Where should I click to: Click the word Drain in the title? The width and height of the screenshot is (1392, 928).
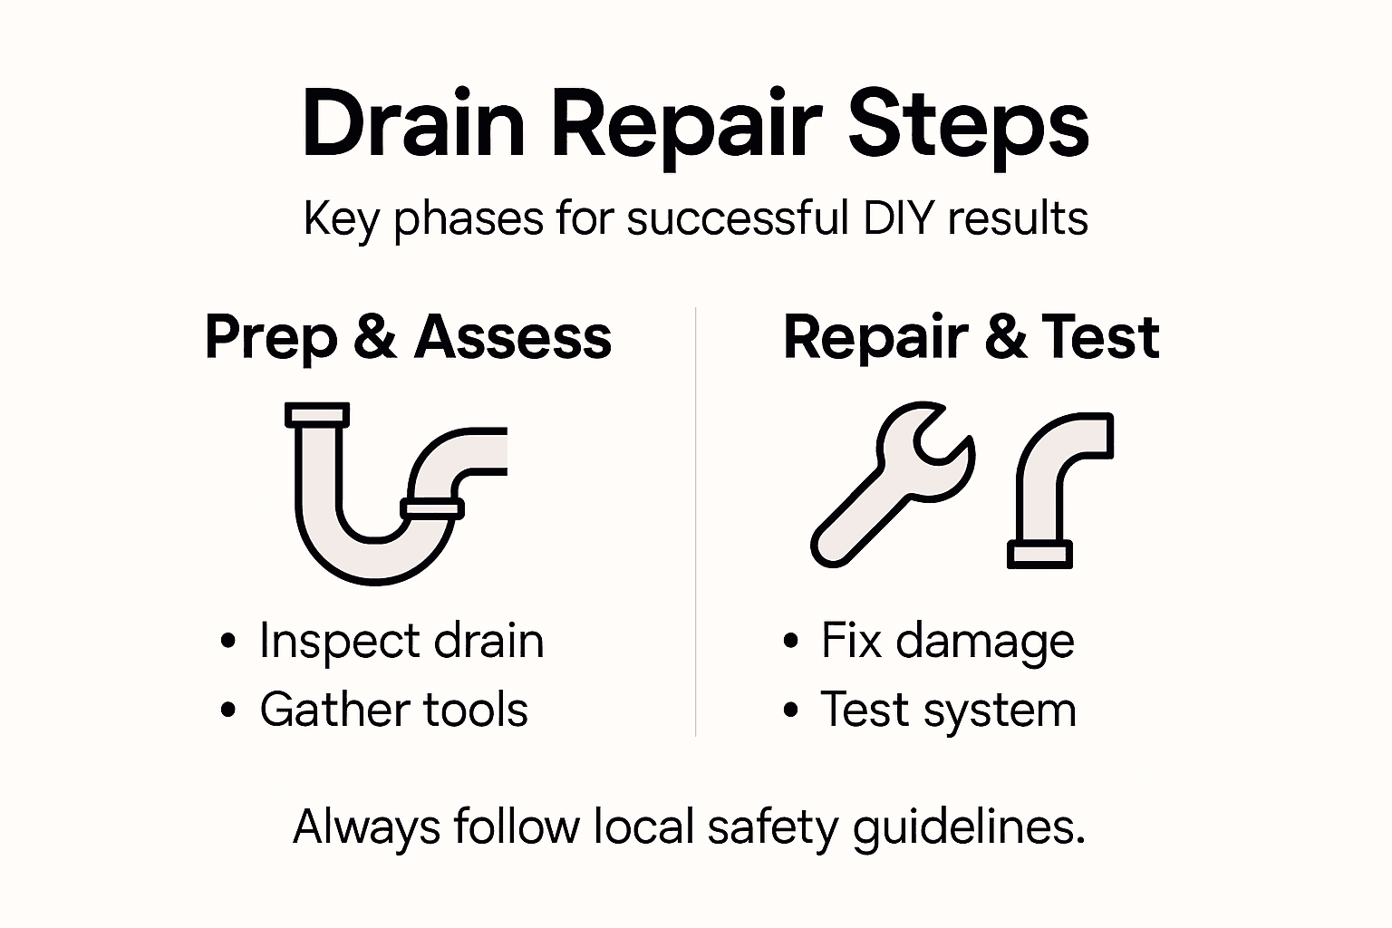point(413,124)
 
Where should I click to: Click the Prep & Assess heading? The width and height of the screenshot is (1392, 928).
point(408,337)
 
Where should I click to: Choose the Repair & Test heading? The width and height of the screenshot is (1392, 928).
point(971,337)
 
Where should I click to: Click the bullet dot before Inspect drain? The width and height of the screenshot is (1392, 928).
point(228,642)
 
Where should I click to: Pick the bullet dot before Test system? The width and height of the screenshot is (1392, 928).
point(790,710)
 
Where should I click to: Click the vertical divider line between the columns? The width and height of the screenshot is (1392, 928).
point(695,521)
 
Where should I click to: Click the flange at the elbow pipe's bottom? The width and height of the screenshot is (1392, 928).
point(1039,554)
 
